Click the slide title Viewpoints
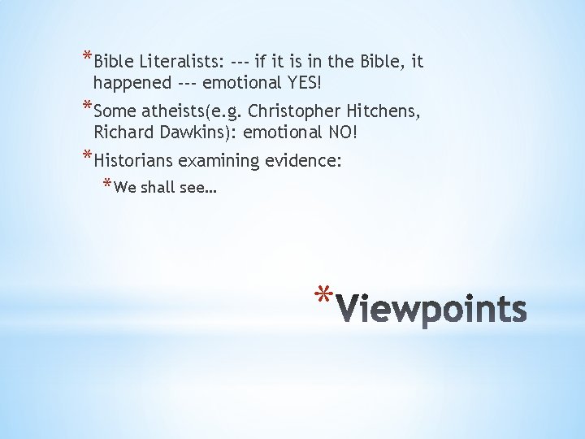[x=431, y=309]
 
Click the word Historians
[x=134, y=162]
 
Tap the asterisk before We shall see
[x=107, y=185]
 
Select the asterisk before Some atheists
[x=87, y=107]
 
